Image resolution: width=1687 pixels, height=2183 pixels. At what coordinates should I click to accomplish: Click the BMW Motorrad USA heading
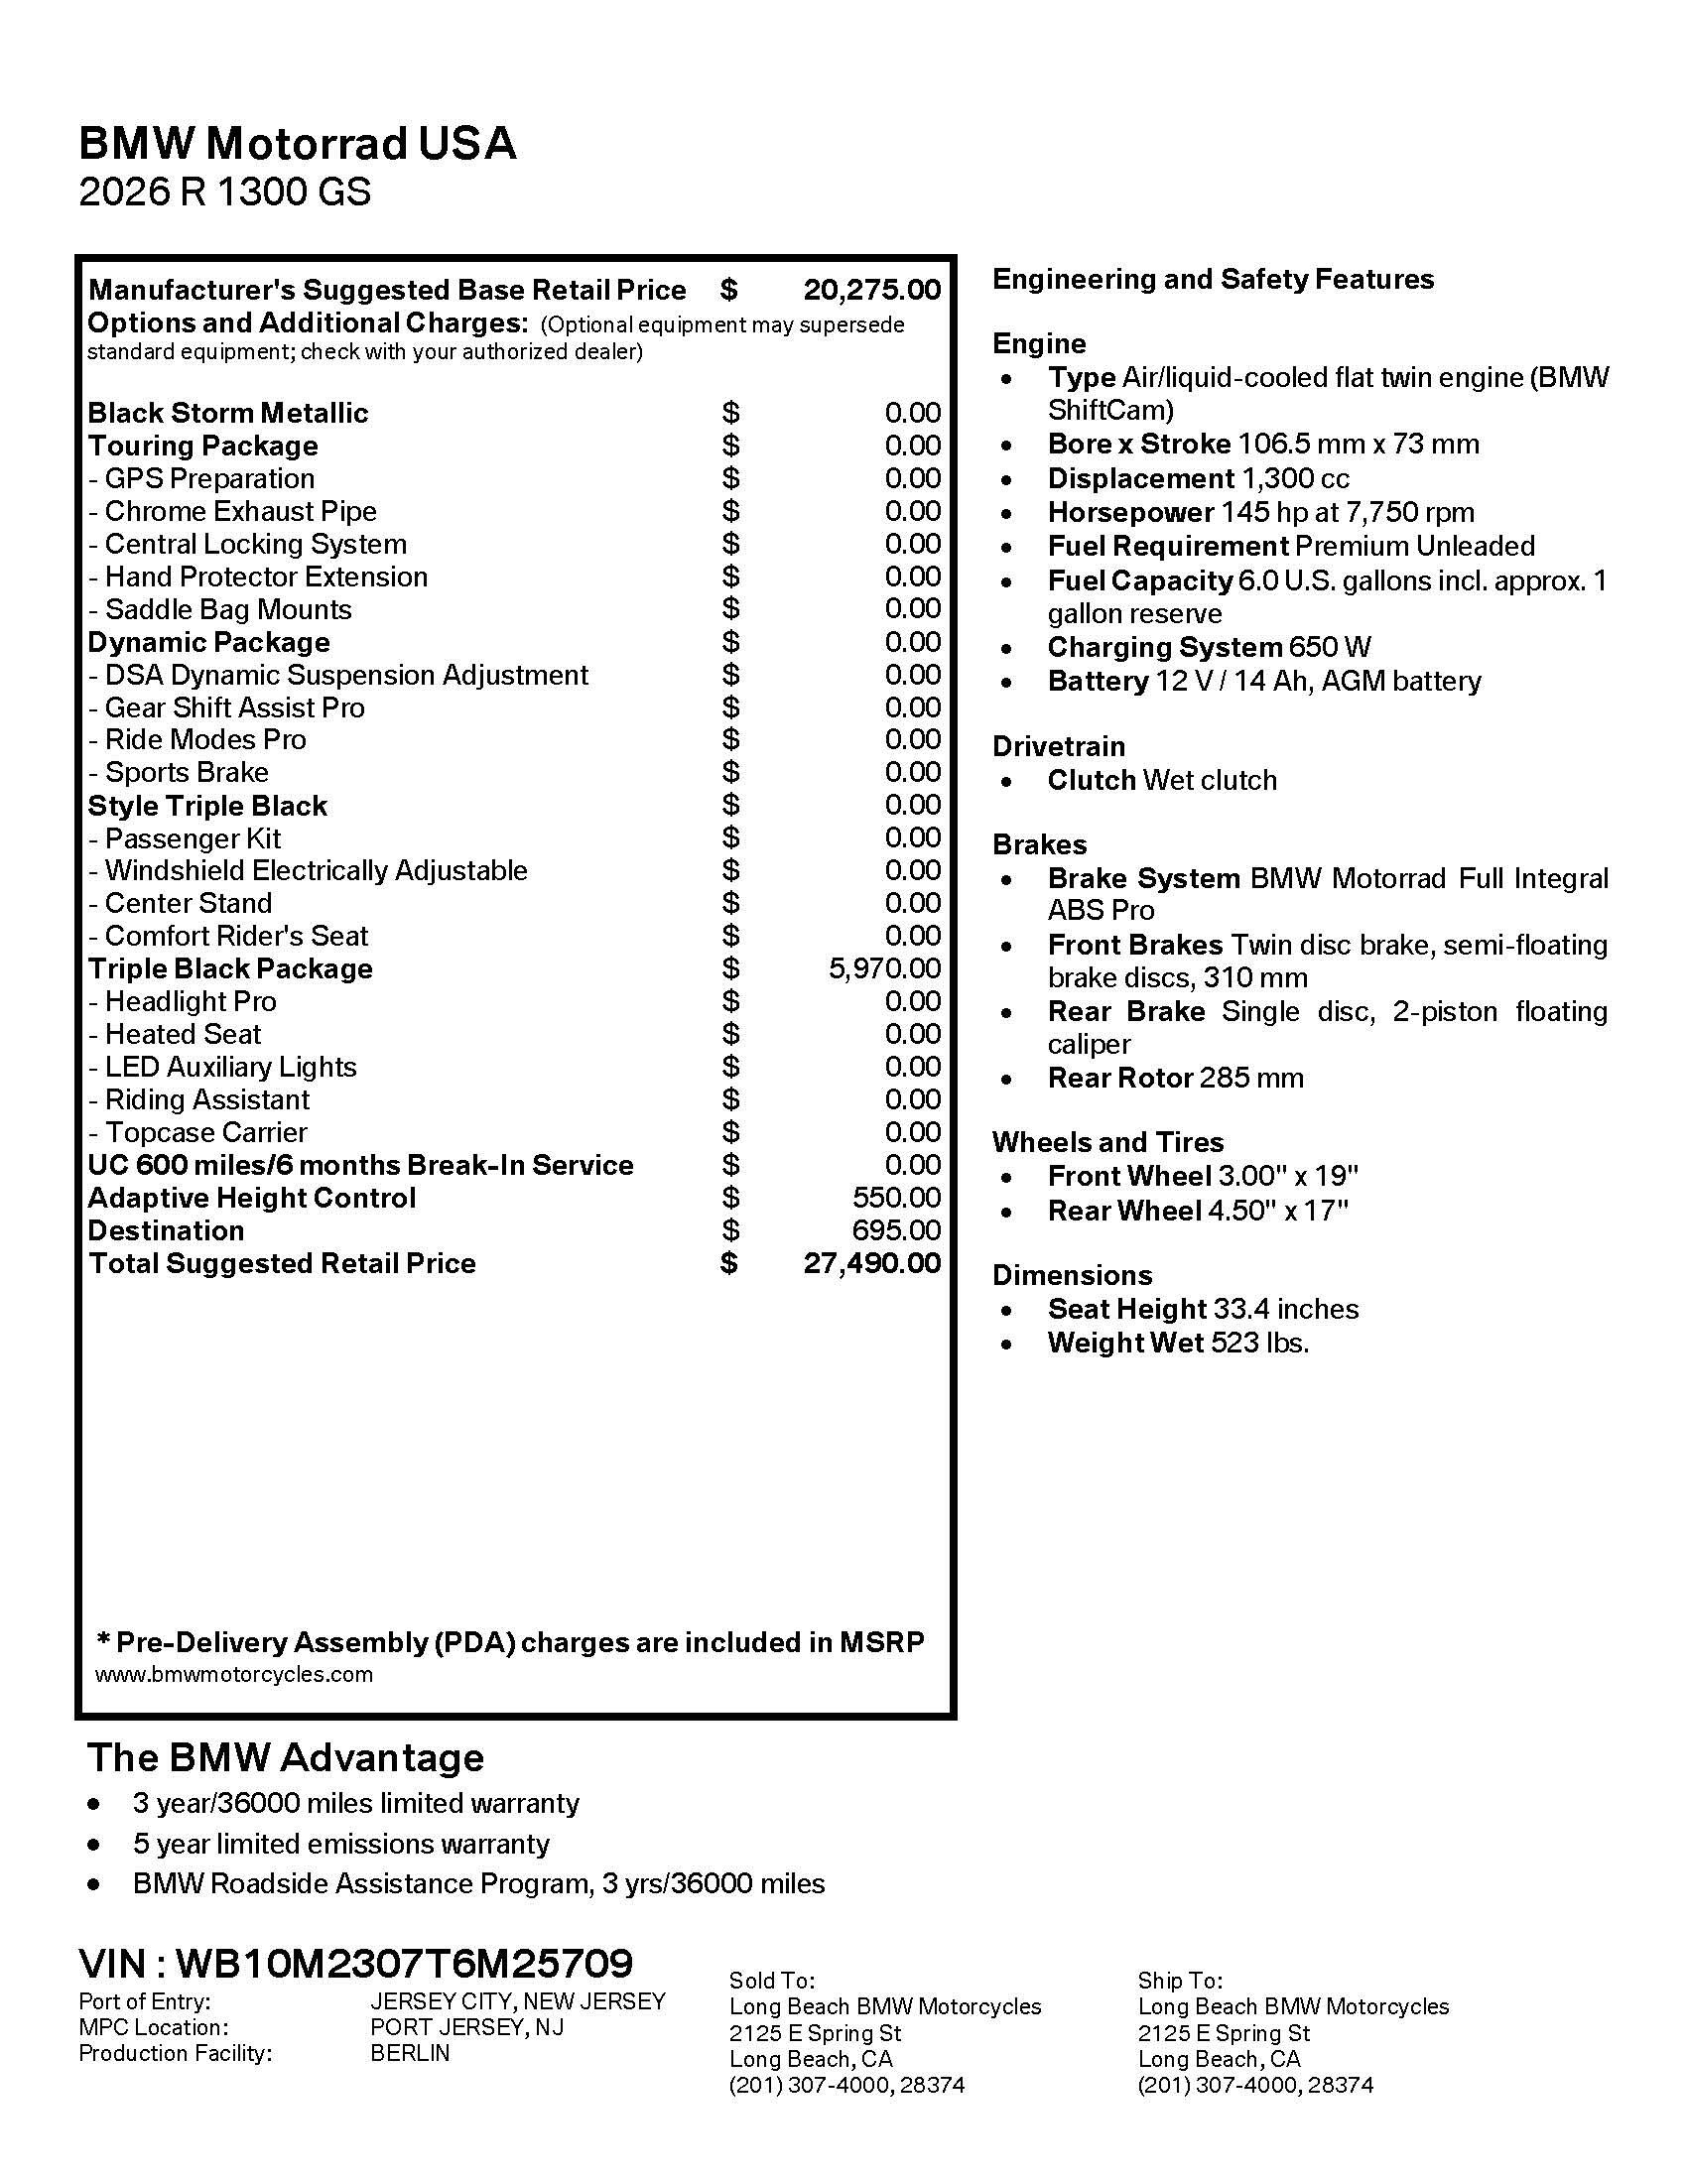point(297,144)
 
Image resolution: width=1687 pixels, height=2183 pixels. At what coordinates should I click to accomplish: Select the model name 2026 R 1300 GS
point(225,192)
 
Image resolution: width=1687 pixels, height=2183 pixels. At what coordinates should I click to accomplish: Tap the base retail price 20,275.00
point(871,290)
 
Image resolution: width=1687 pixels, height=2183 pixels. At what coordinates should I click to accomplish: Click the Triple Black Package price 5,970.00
point(884,968)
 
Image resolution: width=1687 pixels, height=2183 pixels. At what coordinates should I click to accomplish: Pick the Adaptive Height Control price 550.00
point(896,1198)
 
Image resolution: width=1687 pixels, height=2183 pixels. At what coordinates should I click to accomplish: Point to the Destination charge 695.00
point(896,1230)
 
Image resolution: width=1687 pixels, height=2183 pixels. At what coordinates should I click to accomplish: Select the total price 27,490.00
point(871,1263)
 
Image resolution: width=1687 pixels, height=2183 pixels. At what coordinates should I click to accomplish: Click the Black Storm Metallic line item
point(228,413)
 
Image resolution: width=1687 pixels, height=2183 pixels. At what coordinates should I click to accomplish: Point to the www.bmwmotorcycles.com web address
point(234,1674)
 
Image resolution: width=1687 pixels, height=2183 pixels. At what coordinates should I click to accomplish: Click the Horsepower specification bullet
point(1260,513)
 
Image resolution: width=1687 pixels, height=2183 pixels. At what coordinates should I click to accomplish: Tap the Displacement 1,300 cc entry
point(1198,479)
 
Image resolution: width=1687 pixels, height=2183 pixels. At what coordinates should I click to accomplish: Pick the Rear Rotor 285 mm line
point(1175,1079)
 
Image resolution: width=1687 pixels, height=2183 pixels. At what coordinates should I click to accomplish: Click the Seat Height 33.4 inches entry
point(1203,1310)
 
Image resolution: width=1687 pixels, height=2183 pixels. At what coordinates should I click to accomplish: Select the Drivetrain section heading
point(1059,746)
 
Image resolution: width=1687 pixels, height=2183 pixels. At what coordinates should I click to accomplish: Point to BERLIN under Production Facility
point(410,2053)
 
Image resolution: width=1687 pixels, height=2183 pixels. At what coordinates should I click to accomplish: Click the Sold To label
point(771,1982)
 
